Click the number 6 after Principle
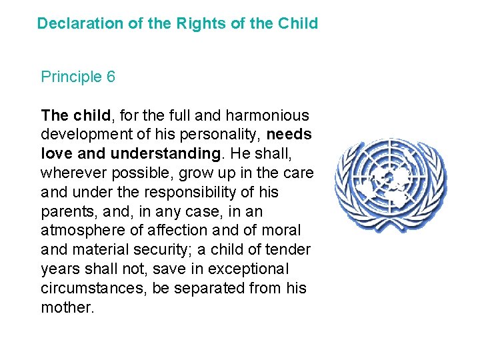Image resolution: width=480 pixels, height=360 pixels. pos(111,77)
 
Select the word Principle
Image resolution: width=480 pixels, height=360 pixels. pos(71,77)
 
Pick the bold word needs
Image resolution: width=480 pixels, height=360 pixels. pos(289,135)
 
